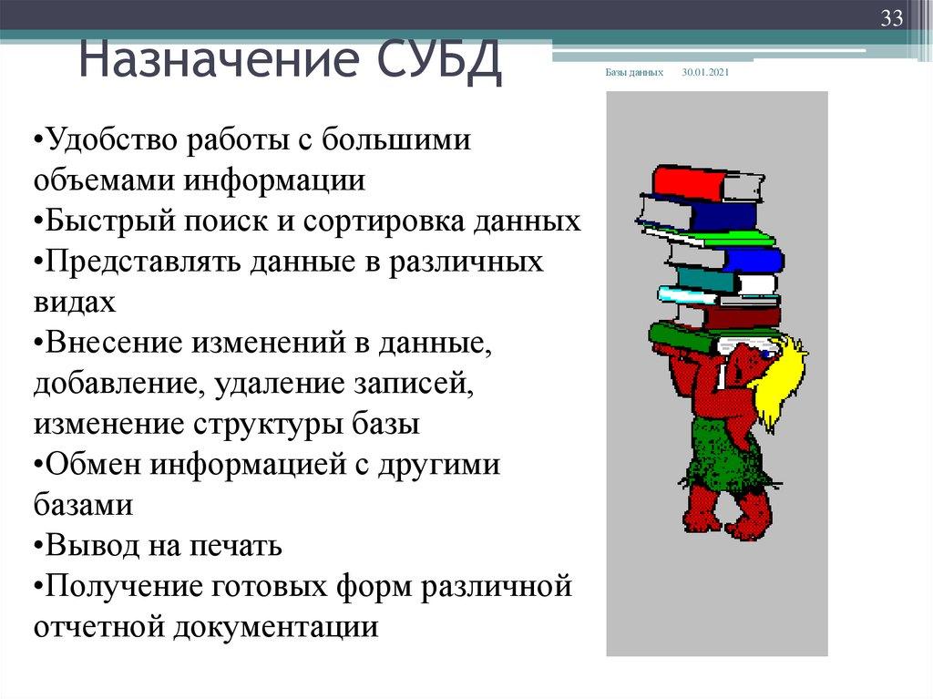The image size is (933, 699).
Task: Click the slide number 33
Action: [x=890, y=18]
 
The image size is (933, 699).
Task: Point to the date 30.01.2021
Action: [x=705, y=72]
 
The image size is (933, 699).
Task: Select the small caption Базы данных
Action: [x=634, y=72]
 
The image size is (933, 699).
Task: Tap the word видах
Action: [x=75, y=302]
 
